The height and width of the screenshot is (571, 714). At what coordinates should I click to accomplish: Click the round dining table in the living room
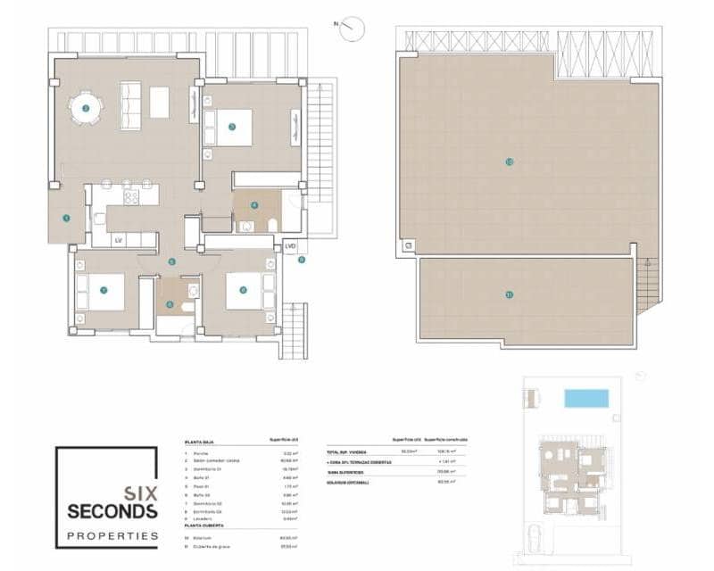(x=86, y=108)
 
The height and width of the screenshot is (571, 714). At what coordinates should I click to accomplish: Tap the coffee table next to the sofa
(x=159, y=102)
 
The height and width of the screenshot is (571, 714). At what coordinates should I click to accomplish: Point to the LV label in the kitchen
(x=117, y=239)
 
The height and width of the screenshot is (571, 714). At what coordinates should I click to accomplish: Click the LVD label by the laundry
(x=290, y=245)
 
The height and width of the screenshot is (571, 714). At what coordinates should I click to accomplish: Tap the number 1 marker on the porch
(x=66, y=217)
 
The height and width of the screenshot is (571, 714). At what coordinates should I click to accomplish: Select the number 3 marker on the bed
(x=231, y=127)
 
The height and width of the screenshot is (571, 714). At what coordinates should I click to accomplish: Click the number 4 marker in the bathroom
(x=254, y=204)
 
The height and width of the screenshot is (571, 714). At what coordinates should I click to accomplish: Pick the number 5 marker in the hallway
(x=171, y=261)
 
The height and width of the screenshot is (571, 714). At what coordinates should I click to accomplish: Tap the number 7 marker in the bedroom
(x=104, y=290)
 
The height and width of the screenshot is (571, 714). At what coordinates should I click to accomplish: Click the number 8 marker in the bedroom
(x=242, y=290)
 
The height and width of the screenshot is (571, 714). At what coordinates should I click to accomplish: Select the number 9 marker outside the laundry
(x=301, y=261)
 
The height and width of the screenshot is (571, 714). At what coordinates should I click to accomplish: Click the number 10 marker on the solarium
(x=509, y=161)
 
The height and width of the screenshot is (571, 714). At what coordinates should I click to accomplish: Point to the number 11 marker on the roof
(x=509, y=295)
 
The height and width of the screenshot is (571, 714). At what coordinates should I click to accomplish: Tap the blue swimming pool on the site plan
(x=585, y=398)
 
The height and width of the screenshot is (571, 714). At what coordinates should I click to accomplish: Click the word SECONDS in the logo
(x=113, y=511)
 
